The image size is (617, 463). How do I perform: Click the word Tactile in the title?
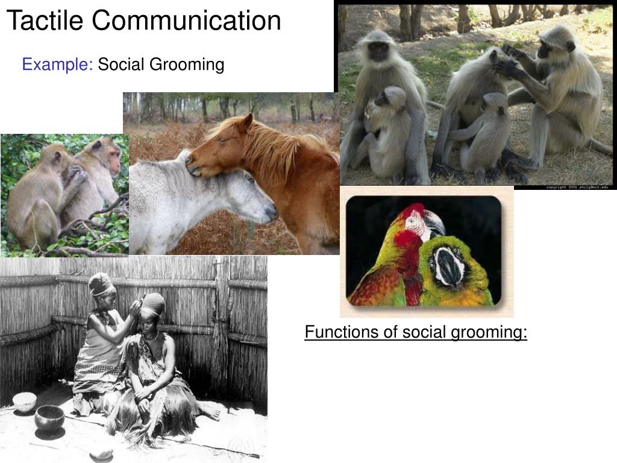45,21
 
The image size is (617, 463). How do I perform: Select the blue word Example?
57,64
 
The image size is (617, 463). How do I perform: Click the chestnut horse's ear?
245,122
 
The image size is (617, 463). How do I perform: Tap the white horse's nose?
270,212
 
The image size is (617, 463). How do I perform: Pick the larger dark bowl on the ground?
49,417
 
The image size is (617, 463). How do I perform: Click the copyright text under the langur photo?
577,187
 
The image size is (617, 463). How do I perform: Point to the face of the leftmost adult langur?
378,51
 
